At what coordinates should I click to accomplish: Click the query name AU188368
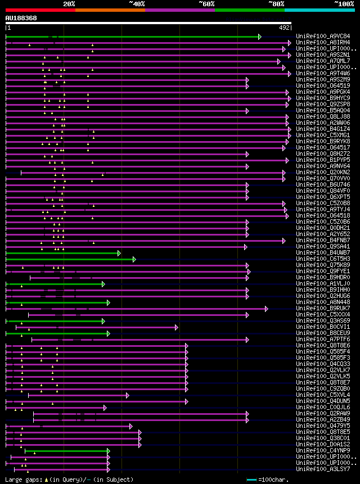(21, 18)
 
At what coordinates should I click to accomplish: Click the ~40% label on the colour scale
(137, 3)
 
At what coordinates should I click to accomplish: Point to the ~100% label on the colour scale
(344, 3)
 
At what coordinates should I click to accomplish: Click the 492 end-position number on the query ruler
(284, 28)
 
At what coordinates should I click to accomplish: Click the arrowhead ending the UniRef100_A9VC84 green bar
(259, 37)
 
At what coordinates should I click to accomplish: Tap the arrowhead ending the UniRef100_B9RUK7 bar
(266, 309)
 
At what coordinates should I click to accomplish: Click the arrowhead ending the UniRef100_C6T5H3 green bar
(134, 259)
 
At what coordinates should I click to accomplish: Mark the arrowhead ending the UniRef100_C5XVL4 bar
(128, 395)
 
